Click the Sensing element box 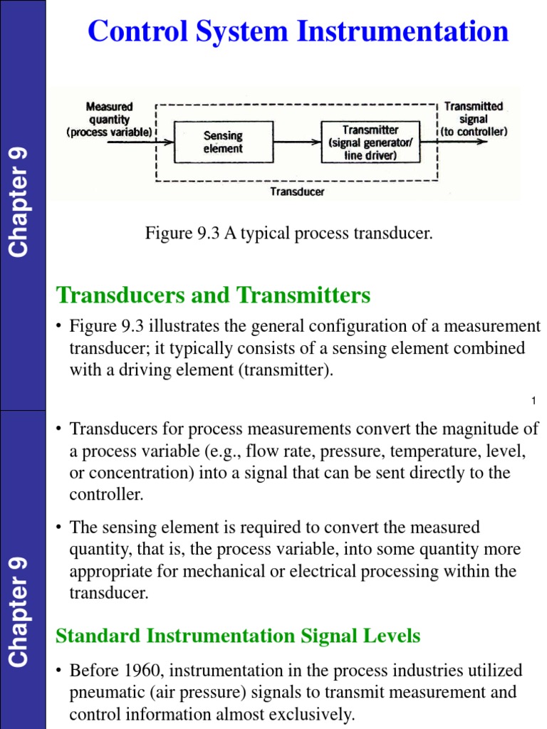(223, 142)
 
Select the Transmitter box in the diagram (370, 142)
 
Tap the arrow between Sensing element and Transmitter (296, 142)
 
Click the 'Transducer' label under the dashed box (297, 192)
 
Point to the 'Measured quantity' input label (109, 119)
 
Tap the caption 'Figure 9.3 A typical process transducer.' (289, 234)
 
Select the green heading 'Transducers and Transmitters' (213, 295)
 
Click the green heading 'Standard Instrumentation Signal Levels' (238, 636)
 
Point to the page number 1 (533, 402)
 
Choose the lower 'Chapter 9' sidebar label (19, 612)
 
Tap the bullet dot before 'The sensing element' (60, 528)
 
